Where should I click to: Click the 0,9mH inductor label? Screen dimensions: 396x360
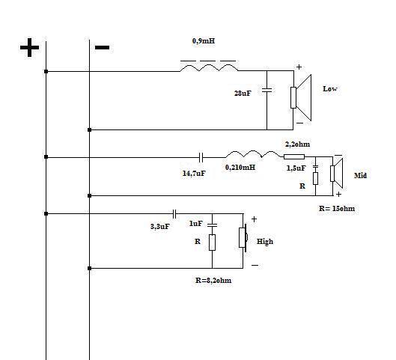point(204,41)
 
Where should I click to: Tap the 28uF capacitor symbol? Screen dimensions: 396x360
point(267,90)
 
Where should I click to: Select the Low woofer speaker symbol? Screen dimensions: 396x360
point(301,98)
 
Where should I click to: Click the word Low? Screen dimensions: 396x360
point(330,89)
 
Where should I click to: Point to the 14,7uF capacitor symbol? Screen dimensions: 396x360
point(201,157)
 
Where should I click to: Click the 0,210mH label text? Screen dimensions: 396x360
point(240,168)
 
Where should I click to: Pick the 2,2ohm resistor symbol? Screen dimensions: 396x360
point(294,156)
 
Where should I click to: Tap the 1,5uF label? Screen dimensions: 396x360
point(296,168)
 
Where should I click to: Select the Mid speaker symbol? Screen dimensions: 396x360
point(337,173)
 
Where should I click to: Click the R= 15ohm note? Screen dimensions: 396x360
point(337,209)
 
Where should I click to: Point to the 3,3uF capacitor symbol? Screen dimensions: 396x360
point(174,214)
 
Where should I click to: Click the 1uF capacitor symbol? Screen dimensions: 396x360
point(212,225)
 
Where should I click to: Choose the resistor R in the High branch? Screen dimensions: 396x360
point(212,242)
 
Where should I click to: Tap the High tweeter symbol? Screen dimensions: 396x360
point(243,237)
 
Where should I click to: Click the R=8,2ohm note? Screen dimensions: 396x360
point(213,281)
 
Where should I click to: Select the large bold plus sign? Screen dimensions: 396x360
point(29,47)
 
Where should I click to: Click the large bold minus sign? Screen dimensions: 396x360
point(102,47)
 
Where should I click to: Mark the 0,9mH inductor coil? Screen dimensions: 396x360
point(209,67)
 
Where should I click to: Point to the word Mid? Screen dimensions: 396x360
point(360,175)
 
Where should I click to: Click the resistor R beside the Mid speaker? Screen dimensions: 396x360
point(315,178)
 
